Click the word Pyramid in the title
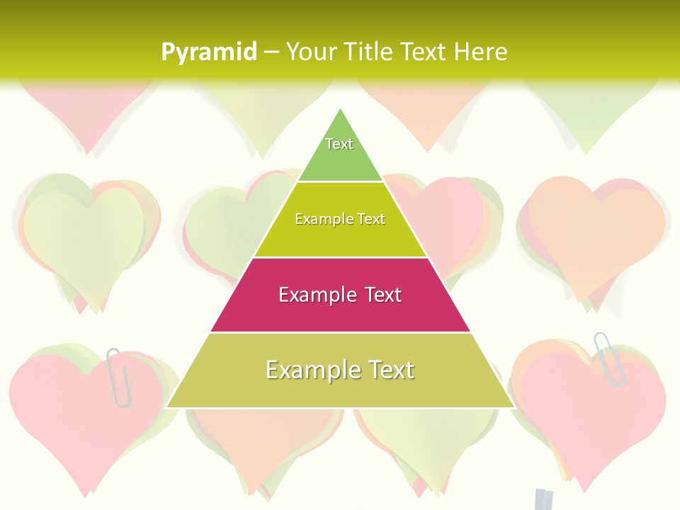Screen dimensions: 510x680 click(208, 52)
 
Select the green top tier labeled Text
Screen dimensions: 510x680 click(340, 152)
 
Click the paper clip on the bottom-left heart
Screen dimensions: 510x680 click(119, 377)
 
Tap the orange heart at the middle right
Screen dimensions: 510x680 click(595, 227)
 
